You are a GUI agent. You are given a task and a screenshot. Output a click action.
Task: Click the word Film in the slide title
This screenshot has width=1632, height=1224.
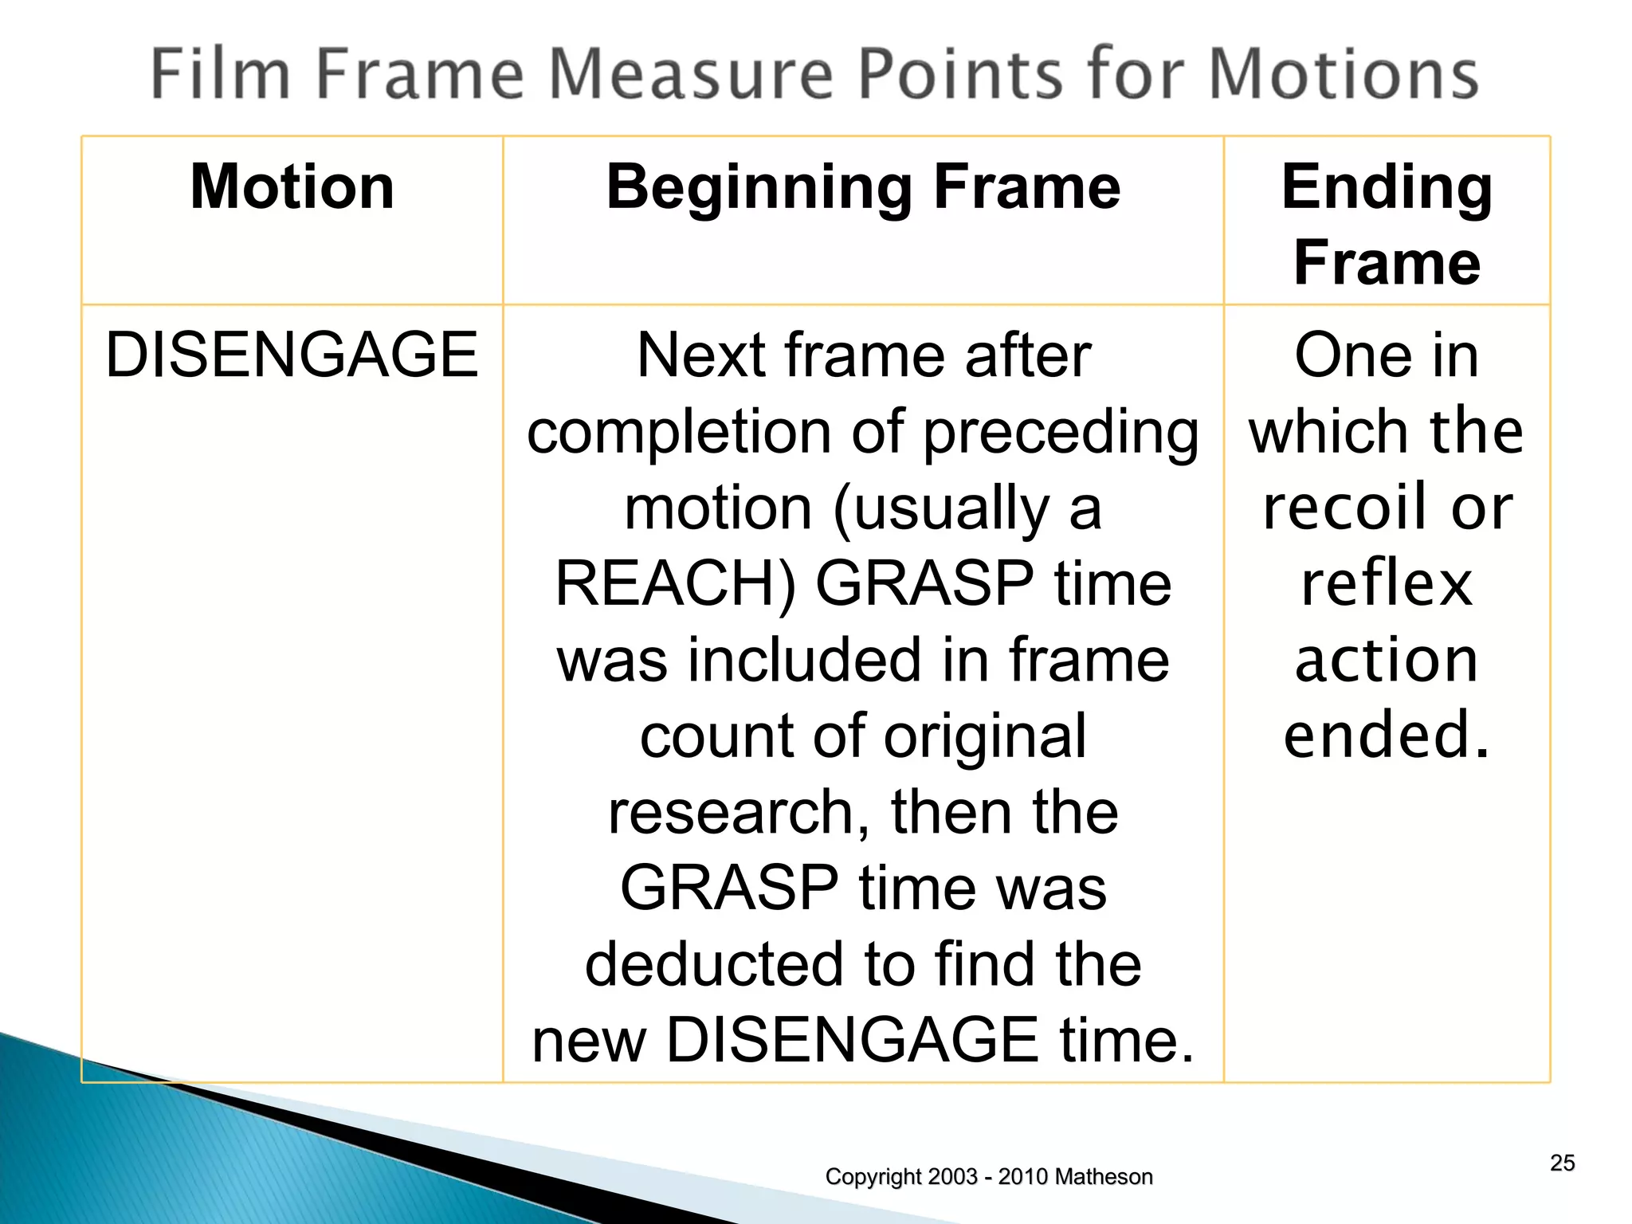tap(220, 73)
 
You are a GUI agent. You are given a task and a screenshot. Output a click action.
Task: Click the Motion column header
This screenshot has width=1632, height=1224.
tap(292, 186)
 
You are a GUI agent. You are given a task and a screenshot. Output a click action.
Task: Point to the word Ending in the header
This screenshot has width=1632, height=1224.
tap(1387, 188)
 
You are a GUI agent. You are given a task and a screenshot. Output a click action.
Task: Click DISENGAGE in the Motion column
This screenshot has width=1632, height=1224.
tap(292, 355)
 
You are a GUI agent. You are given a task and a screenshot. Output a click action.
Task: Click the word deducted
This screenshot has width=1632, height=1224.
tap(714, 964)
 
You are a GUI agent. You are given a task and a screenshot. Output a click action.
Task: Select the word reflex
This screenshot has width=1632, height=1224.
tap(1387, 583)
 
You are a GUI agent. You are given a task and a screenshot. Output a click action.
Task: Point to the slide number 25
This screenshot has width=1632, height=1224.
tap(1562, 1163)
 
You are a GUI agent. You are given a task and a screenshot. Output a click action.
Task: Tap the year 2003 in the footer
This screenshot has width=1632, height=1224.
tap(952, 1177)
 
